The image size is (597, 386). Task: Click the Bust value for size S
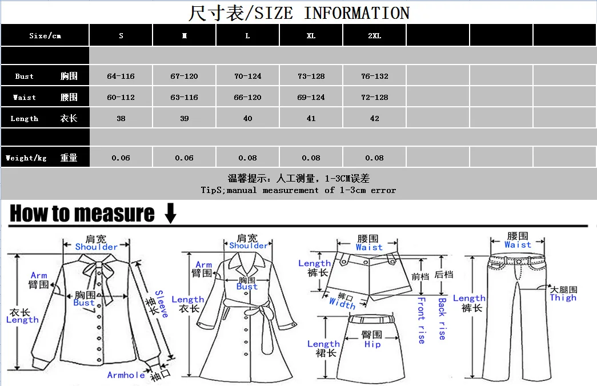pyautogui.click(x=121, y=76)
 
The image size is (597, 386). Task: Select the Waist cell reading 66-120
pyautogui.click(x=247, y=97)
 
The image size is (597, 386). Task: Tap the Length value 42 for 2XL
pyautogui.click(x=374, y=118)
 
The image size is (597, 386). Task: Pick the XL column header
pyautogui.click(x=311, y=36)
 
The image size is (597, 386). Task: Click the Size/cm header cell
pyautogui.click(x=45, y=36)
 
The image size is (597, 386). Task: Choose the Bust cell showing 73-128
pyautogui.click(x=311, y=76)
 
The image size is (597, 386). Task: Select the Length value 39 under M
pyautogui.click(x=184, y=118)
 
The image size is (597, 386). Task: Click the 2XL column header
pyautogui.click(x=374, y=36)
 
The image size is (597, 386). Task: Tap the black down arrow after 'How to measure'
pyautogui.click(x=170, y=214)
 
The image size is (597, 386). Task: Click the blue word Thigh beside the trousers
pyautogui.click(x=563, y=297)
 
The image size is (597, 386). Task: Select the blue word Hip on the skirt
pyautogui.click(x=372, y=344)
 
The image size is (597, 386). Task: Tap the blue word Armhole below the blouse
pyautogui.click(x=126, y=375)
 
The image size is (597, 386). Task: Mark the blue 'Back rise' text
pyautogui.click(x=442, y=319)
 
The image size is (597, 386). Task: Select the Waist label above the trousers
pyautogui.click(x=518, y=245)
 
